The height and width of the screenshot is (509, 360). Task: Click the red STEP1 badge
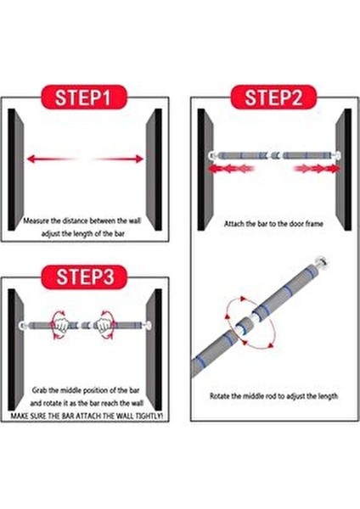83,97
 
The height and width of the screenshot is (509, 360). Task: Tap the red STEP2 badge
273,97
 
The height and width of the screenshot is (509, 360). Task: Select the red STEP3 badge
83,277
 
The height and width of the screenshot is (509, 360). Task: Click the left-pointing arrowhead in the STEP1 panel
31,159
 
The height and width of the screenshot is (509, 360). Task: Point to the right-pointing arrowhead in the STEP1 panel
139,159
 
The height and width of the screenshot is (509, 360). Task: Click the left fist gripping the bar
60,325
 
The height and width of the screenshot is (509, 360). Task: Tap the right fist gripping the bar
103,325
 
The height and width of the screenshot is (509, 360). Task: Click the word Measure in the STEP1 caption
37,221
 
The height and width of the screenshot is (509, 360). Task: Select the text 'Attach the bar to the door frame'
273,224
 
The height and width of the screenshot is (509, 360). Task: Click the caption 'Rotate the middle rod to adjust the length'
273,396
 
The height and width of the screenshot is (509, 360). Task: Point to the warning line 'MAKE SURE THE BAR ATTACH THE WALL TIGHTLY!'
87,417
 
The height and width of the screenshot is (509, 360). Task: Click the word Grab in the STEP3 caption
40,390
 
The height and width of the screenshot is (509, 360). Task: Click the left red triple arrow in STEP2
231,169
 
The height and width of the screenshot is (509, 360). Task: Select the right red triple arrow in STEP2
317,169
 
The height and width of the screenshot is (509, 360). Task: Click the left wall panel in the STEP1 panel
15,170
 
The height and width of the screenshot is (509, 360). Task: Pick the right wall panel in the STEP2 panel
343,170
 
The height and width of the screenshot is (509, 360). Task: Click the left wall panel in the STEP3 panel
15,350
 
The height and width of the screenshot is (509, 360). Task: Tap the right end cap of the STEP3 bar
147,325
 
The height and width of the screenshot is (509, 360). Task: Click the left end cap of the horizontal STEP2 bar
213,155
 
